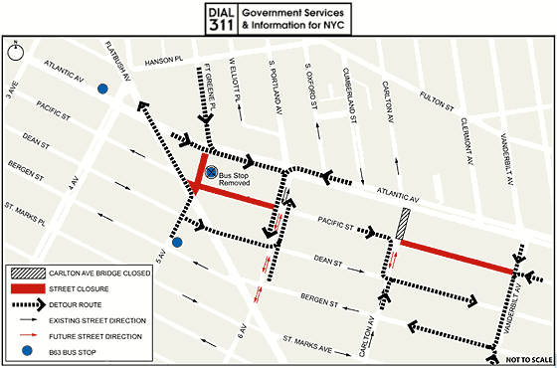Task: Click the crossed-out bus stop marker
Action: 211,172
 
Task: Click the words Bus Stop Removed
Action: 240,179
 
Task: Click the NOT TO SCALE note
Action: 524,358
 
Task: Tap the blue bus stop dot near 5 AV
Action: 177,242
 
